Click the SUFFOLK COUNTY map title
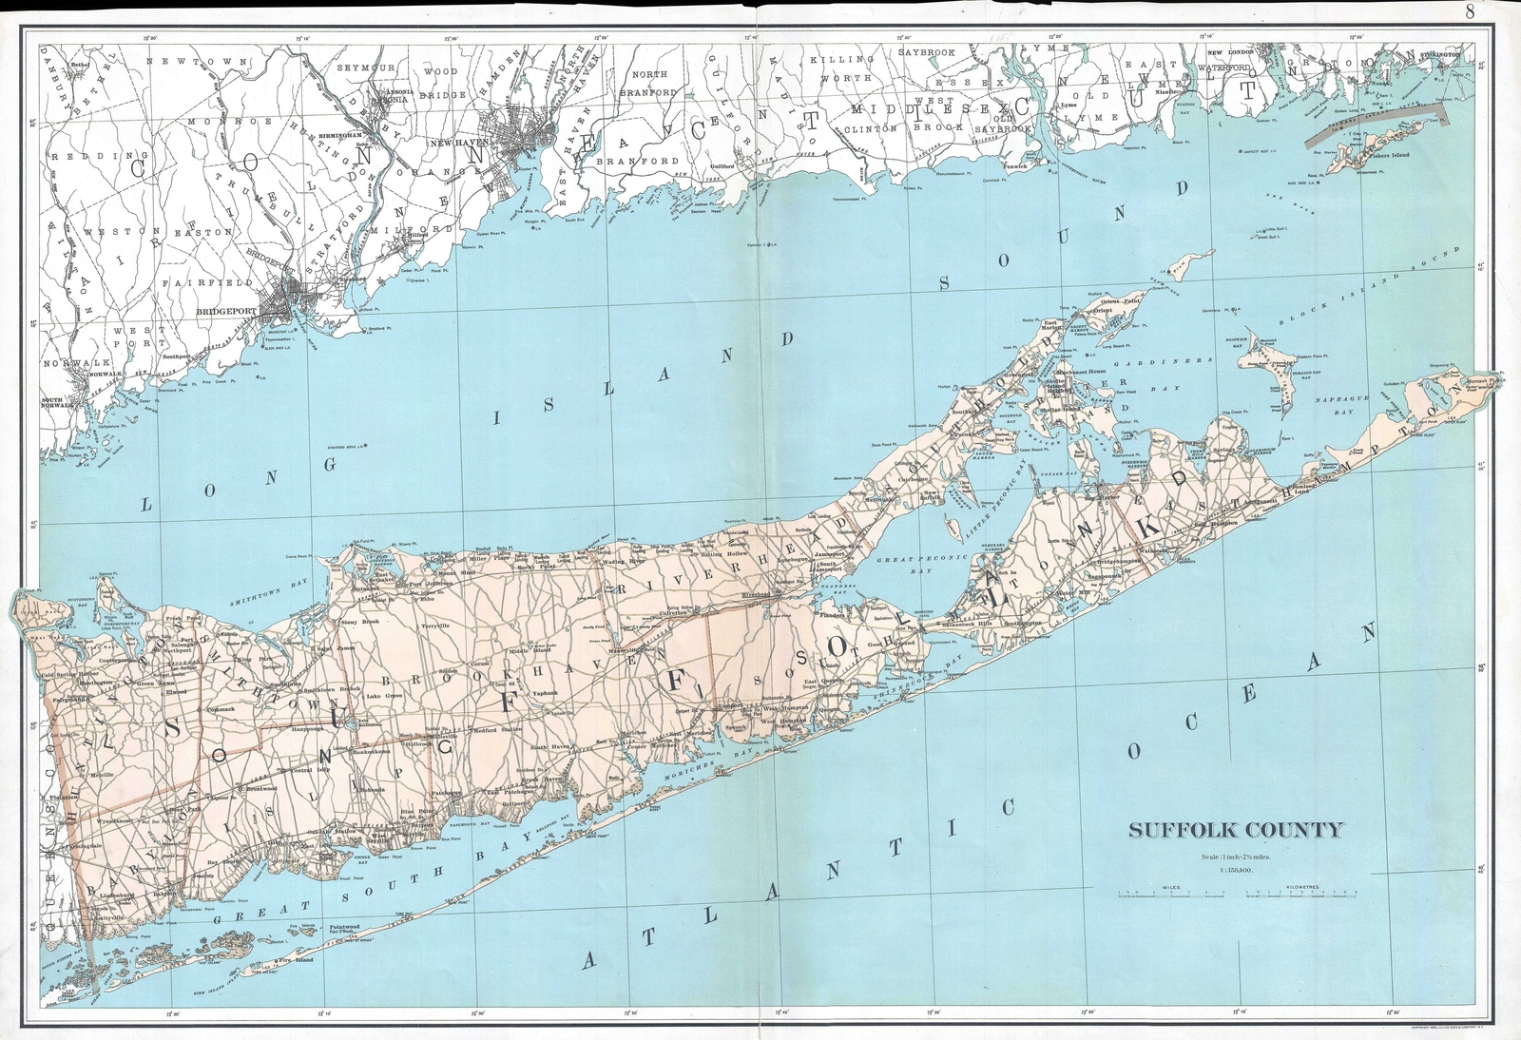coord(1235,830)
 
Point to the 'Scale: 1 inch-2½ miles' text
coord(1235,858)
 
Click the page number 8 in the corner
coord(1470,12)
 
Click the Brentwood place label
coord(260,788)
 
